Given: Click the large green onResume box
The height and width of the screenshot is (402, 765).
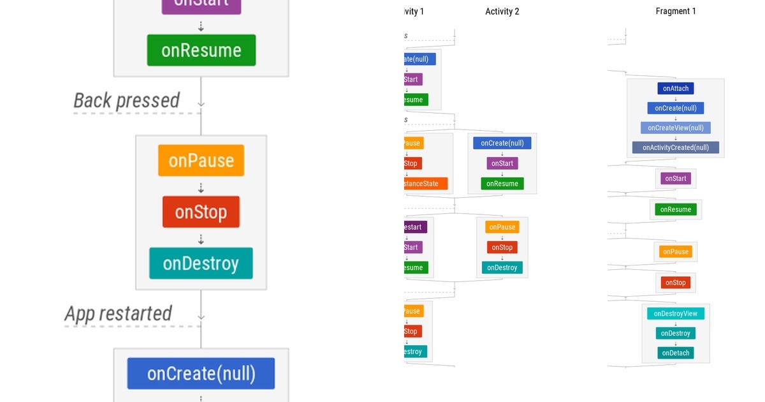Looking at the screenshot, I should pos(201,50).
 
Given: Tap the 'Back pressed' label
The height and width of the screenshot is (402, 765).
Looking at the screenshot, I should pos(126,100).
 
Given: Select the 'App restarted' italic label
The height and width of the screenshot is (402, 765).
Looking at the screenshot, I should pos(118,313).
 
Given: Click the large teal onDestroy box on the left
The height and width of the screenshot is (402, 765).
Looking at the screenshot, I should pos(201,264).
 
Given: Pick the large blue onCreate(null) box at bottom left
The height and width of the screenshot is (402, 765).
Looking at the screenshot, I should pos(201,373).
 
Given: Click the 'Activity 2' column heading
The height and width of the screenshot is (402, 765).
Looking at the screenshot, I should pos(502,11).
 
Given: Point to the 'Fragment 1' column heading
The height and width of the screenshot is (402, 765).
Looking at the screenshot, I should pos(676,11).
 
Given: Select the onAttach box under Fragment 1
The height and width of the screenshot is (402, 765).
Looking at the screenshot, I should pos(675,89).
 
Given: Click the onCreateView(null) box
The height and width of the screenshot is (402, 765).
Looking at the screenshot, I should pos(675,128).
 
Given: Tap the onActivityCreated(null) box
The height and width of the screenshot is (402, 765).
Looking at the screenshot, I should pos(675,147).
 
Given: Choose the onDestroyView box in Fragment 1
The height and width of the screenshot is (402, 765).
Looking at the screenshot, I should pos(675,313).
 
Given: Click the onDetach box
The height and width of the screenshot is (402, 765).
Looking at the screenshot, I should pos(675,353).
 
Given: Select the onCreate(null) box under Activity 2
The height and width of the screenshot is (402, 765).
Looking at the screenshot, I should pos(502,143).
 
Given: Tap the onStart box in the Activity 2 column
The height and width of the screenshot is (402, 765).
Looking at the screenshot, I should pos(502,163).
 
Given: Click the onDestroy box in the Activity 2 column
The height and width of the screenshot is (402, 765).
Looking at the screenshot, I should pos(502,267).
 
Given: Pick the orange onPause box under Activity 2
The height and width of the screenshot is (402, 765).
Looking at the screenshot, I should pos(502,227).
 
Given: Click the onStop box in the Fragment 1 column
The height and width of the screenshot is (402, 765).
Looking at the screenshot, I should pos(675,283).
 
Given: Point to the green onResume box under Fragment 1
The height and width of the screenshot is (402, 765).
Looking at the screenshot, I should pos(675,209).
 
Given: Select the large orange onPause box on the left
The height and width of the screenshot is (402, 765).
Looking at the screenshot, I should pos(201,161).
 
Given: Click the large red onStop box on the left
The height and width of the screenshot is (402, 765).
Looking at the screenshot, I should pos(201,212).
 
